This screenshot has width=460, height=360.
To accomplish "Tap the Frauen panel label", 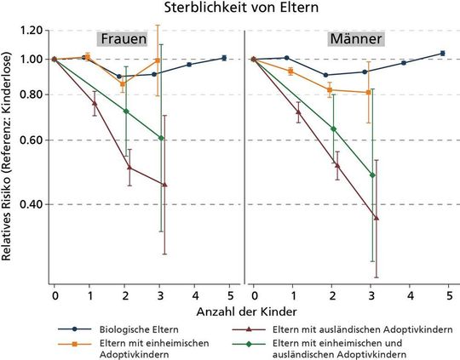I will coord(124,39).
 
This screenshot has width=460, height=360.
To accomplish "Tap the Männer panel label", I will coord(355,39).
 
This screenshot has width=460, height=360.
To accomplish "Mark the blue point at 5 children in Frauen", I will coord(223,58).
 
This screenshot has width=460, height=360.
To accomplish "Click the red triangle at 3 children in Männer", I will coord(377,218).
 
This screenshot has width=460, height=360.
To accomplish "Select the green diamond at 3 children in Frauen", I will coord(162,138).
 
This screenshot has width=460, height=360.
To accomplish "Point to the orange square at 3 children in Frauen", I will coord(158,60).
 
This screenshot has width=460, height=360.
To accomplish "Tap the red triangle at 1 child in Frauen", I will coord(95,103).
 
